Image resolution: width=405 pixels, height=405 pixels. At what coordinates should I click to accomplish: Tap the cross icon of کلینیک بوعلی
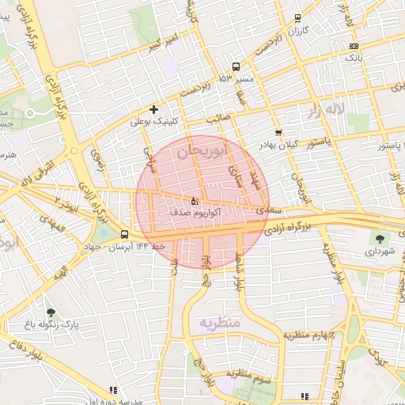tap(153, 109)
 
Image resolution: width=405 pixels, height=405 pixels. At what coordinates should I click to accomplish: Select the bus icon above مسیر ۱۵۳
tap(236, 67)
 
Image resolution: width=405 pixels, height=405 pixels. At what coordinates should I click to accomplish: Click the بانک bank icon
tap(354, 46)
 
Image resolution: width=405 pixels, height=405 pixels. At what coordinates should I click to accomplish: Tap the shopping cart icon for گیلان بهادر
tap(278, 132)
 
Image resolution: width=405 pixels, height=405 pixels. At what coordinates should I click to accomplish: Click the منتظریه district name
tap(219, 324)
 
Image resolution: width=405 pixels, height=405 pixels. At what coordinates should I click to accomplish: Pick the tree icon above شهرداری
tap(380, 238)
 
